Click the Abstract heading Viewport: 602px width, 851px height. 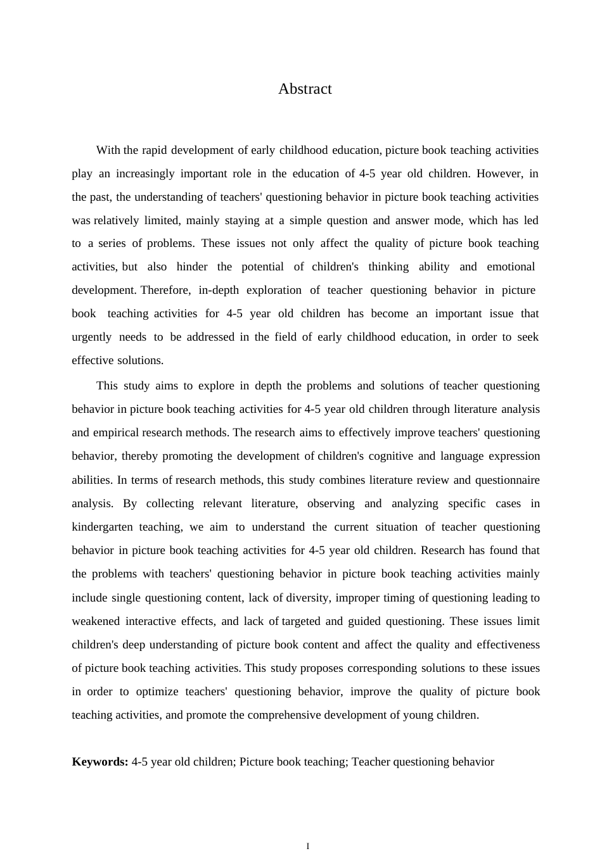pos(305,89)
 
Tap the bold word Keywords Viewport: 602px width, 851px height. pos(100,762)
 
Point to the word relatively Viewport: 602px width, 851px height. pos(116,220)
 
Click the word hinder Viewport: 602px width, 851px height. pos(192,267)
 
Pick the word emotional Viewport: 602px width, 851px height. pos(511,267)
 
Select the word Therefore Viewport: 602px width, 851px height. pos(165,290)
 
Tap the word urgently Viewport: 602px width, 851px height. pos(92,337)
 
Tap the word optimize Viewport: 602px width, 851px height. pos(158,691)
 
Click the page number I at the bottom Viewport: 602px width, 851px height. pos(308,846)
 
